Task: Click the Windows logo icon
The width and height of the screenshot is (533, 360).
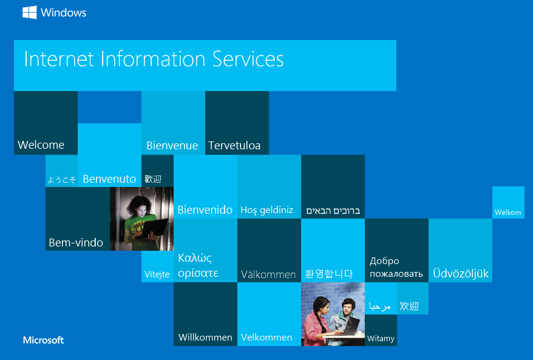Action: click(30, 13)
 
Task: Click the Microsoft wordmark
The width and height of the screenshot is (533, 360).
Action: click(43, 340)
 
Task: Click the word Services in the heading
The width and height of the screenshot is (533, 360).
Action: click(248, 59)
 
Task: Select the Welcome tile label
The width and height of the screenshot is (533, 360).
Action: click(41, 145)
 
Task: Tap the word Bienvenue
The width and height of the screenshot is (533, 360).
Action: click(172, 146)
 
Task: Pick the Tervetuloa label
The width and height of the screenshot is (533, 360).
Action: click(234, 146)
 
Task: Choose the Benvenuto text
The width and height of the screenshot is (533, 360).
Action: click(109, 179)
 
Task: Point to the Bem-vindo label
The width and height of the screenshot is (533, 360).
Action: click(76, 242)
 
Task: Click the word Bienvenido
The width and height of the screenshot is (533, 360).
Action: click(205, 209)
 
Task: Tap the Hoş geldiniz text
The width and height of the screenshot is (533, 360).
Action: click(267, 210)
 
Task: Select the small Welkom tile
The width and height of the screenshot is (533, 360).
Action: click(508, 202)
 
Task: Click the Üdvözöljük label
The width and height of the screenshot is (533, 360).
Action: click(461, 273)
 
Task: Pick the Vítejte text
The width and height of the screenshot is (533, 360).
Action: click(157, 274)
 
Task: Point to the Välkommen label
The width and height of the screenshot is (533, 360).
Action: click(268, 274)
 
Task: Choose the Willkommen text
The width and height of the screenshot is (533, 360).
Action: click(205, 337)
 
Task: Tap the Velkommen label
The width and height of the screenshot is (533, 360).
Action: click(266, 337)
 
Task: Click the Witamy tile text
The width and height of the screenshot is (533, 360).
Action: click(381, 338)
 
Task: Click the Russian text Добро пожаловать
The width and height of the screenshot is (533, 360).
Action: click(396, 267)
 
